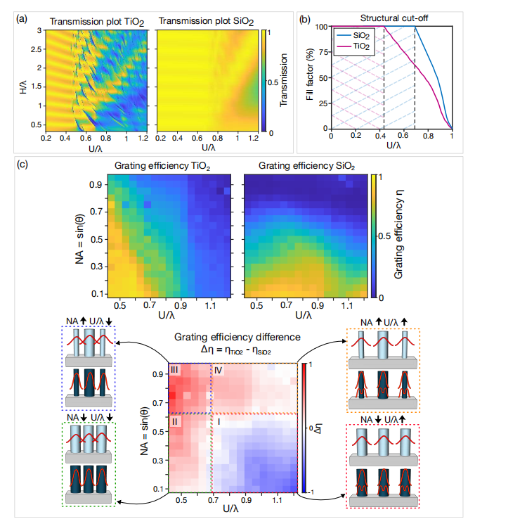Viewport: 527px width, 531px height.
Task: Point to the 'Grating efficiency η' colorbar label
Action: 399,234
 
